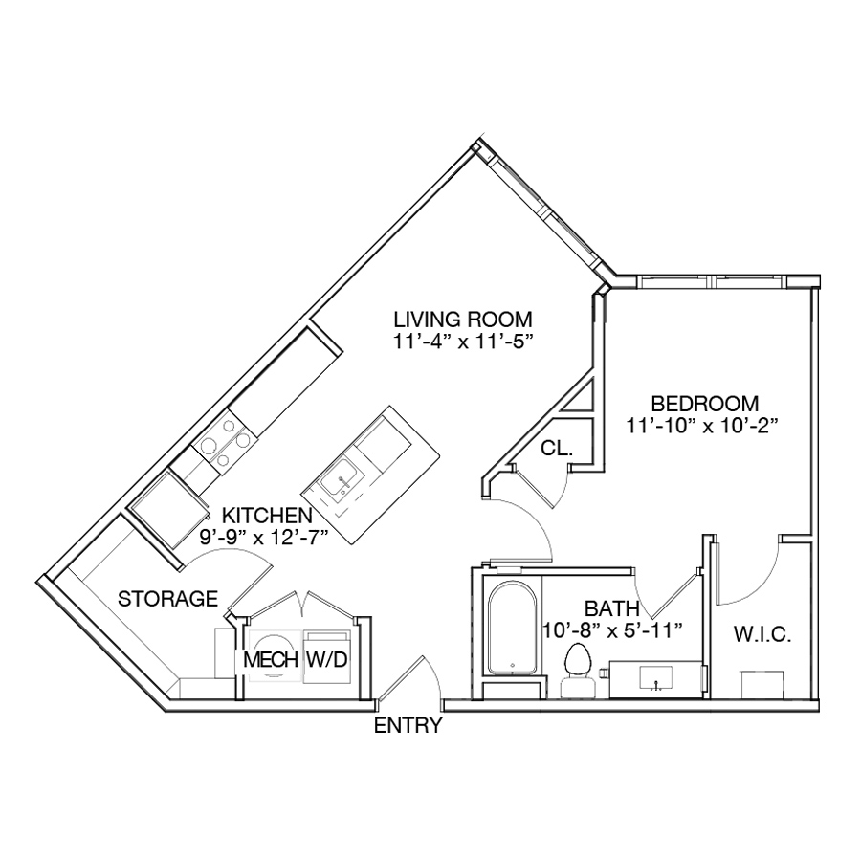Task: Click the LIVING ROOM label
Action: pyautogui.click(x=463, y=319)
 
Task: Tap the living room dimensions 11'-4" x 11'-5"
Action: pyautogui.click(x=463, y=342)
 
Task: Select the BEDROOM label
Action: pyautogui.click(x=704, y=404)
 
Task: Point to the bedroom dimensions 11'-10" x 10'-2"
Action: pyautogui.click(x=703, y=426)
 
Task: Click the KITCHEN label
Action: pyautogui.click(x=267, y=515)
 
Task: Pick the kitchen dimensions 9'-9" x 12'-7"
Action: pyautogui.click(x=264, y=537)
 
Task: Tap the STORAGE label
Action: pyautogui.click(x=167, y=599)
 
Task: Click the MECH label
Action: pyautogui.click(x=270, y=659)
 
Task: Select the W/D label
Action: pyautogui.click(x=326, y=659)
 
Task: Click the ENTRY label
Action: pyautogui.click(x=408, y=726)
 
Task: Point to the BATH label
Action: pyautogui.click(x=611, y=608)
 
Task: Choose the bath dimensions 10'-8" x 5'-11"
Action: pyautogui.click(x=612, y=630)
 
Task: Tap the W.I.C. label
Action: pyautogui.click(x=762, y=635)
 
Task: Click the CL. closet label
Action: pyautogui.click(x=556, y=449)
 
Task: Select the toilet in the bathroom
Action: pyautogui.click(x=577, y=671)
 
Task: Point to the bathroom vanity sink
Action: pyautogui.click(x=656, y=678)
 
